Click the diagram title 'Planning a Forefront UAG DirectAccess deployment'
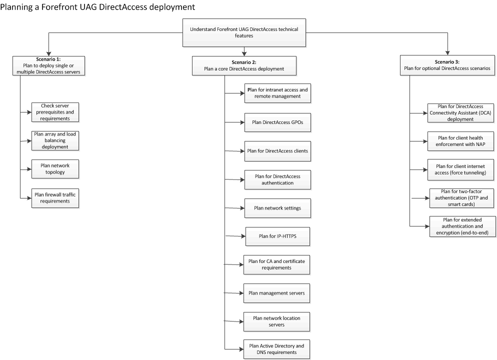pos(97,7)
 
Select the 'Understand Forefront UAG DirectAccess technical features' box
pos(244,32)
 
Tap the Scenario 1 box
pos(48,65)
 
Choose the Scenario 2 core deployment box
pos(244,65)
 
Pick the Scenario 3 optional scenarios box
pos(447,65)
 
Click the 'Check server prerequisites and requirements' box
pos(55,112)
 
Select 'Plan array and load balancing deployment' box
pos(55,140)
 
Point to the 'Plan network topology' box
pos(55,169)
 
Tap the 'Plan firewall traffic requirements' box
pos(55,198)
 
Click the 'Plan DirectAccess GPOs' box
pos(277,122)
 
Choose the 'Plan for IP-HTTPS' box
pos(277,236)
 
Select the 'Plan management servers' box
pos(276,293)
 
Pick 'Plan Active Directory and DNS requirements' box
pos(276,349)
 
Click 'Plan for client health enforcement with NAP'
pos(460,141)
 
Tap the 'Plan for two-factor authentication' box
pos(461,198)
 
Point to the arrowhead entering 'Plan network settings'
pos(242,208)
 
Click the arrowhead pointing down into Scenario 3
pos(447,53)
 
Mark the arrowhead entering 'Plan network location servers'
pos(241,321)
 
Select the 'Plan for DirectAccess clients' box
pos(277,151)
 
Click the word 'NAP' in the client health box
pos(480,144)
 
